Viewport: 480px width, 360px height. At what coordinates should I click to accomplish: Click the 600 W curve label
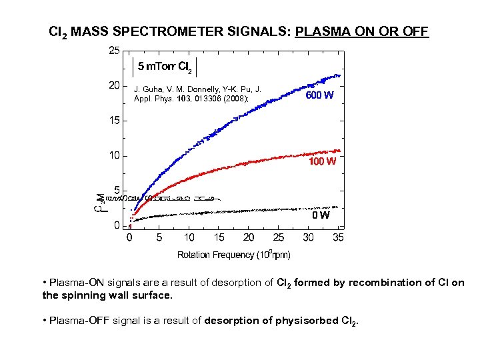click(320, 95)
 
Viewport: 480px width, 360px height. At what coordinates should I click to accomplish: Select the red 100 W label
click(321, 162)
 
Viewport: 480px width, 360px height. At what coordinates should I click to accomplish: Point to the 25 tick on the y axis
click(114, 50)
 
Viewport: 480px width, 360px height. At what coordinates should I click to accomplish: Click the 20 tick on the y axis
click(114, 85)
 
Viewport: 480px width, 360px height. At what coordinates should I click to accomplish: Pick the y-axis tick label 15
click(114, 121)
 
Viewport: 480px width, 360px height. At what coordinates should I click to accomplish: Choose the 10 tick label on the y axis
click(114, 156)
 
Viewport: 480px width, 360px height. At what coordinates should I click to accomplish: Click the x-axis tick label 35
click(338, 238)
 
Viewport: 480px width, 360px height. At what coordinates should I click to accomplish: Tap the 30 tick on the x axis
click(309, 238)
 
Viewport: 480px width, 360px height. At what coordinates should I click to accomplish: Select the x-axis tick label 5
click(159, 238)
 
